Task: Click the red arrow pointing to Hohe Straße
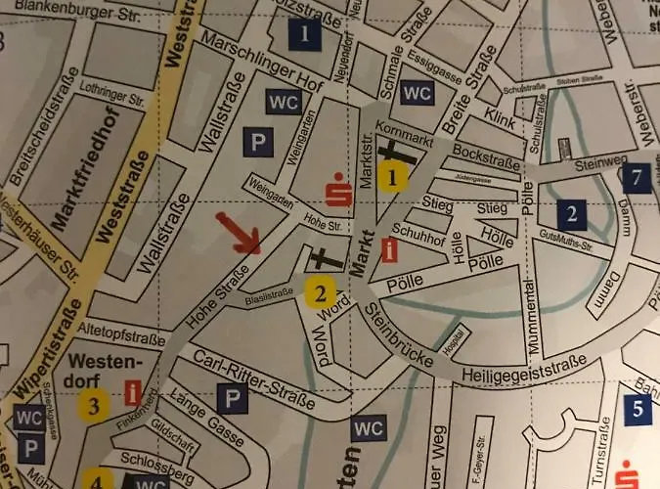[239, 234]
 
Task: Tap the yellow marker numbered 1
[393, 177]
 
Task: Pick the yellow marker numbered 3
[94, 405]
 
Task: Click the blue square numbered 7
[638, 177]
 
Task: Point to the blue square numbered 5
[637, 409]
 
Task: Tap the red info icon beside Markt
[391, 248]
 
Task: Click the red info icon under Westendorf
[134, 393]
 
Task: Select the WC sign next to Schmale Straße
[417, 94]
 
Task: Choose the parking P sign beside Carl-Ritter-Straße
[232, 398]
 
